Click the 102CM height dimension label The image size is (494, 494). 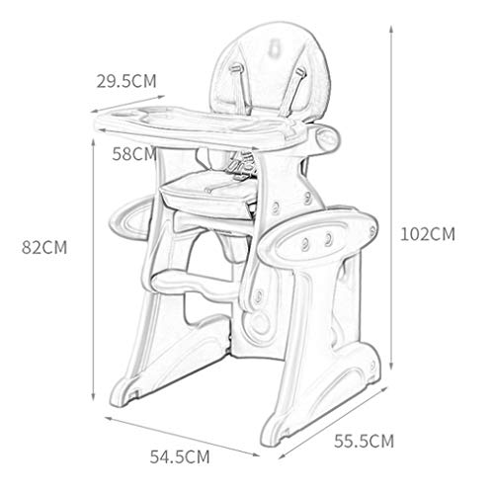click(428, 234)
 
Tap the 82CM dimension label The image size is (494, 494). click(44, 247)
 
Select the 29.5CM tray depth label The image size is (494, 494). click(126, 81)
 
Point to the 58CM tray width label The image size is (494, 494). click(134, 154)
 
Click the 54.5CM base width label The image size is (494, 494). click(180, 456)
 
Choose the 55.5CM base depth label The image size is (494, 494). click(364, 441)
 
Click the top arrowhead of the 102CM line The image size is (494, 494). click(391, 29)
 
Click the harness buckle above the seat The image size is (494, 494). click(240, 165)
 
